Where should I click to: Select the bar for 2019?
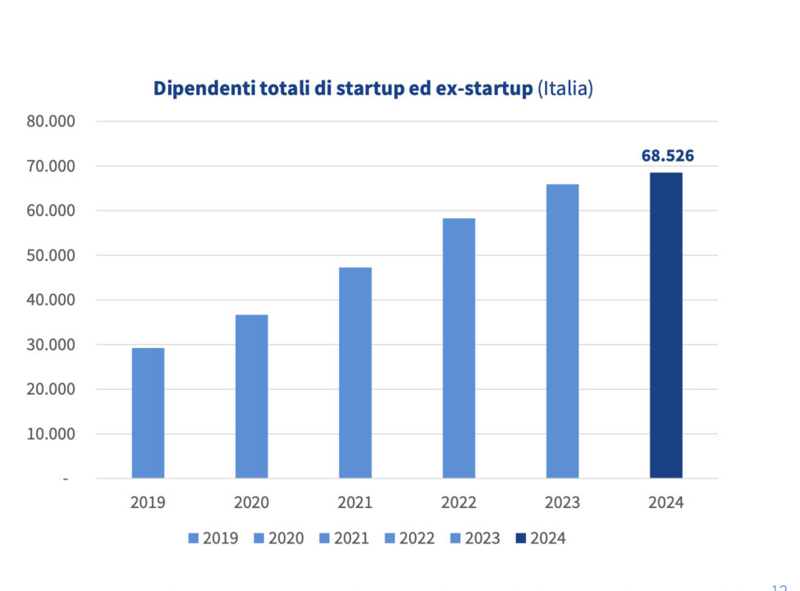[148, 413]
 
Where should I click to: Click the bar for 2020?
[251, 396]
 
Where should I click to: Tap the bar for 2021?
[355, 373]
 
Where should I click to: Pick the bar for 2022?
[459, 348]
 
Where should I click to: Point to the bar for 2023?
[562, 331]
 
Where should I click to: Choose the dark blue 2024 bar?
[665, 325]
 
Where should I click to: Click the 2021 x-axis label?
[355, 502]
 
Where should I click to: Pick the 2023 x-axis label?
[562, 502]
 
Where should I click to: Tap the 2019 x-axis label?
[148, 502]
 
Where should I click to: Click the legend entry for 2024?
[541, 538]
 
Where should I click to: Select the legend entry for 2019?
[214, 538]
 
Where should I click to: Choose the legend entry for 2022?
[410, 538]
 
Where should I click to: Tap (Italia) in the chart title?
[565, 89]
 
